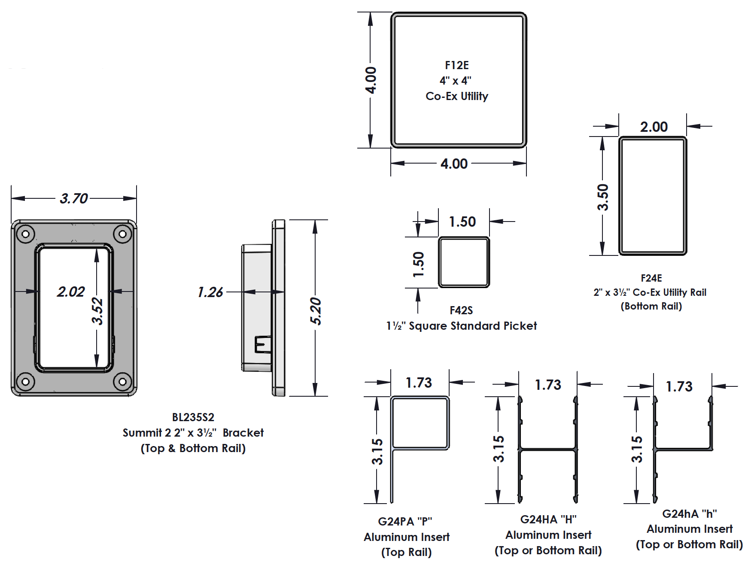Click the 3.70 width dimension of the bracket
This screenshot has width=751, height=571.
click(74, 198)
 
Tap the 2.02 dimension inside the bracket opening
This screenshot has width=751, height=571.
click(71, 292)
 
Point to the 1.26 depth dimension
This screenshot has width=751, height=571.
click(210, 292)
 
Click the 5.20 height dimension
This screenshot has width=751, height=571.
click(316, 311)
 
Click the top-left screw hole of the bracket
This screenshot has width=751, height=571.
click(25, 234)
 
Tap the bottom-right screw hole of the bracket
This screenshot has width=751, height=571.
click(122, 381)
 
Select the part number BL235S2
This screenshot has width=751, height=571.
click(193, 417)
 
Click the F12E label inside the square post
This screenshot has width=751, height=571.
click(456, 65)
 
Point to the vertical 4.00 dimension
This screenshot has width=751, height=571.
click(371, 80)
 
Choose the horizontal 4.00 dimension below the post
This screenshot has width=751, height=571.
click(454, 164)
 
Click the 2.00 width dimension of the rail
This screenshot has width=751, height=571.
click(654, 127)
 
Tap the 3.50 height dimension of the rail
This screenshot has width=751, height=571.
click(603, 197)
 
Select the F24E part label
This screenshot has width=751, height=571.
click(651, 278)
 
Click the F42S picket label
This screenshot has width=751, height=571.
click(461, 310)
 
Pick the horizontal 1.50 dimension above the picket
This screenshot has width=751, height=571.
click(462, 222)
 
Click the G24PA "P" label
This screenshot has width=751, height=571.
click(405, 521)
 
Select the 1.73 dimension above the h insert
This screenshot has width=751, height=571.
click(679, 386)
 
